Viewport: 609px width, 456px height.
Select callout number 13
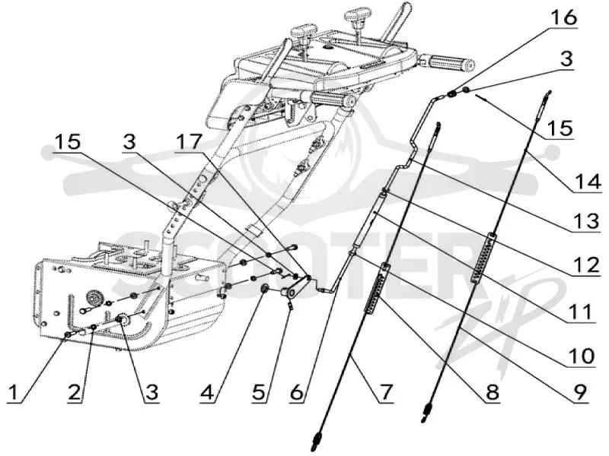[x=586, y=221]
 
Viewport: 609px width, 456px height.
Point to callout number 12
[x=586, y=265]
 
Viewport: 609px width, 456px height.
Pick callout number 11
[x=579, y=312]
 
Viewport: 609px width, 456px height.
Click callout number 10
[x=582, y=356]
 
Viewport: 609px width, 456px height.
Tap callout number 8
[x=491, y=392]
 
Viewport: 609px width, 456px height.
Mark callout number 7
[x=386, y=392]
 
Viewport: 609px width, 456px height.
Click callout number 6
[x=297, y=392]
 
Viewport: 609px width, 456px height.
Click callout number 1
[x=14, y=392]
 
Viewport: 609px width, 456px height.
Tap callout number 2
[x=75, y=392]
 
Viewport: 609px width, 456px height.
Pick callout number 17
[x=189, y=142]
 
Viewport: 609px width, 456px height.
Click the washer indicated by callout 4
[x=265, y=288]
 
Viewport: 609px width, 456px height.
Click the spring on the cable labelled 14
[x=483, y=257]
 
